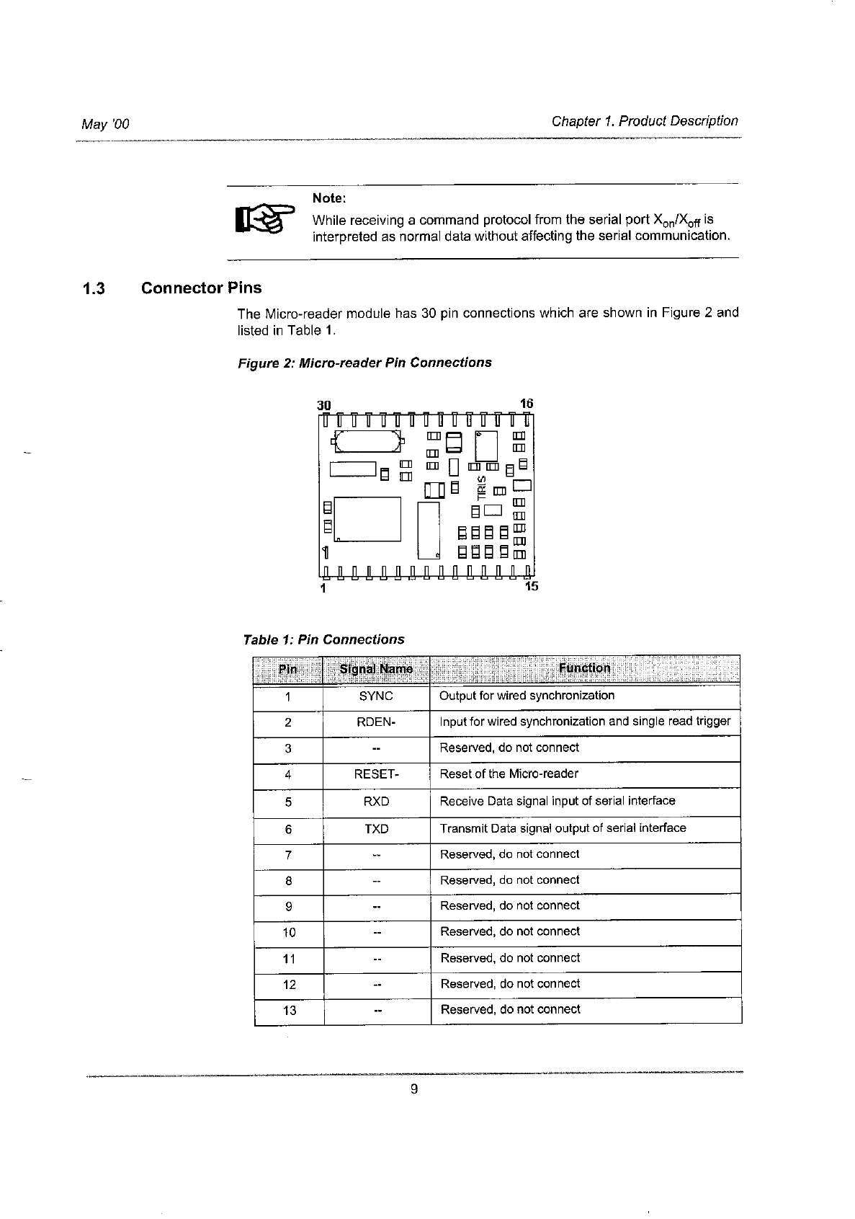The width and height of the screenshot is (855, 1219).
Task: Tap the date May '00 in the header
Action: (105, 124)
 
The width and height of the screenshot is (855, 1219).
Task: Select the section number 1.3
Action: (94, 289)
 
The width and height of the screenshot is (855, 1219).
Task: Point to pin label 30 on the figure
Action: (324, 405)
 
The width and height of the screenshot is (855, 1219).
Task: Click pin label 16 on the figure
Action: (526, 404)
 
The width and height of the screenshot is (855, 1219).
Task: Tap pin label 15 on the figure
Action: (531, 586)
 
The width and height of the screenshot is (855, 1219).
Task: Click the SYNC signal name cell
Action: (376, 696)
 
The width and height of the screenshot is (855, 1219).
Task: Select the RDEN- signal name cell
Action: (376, 722)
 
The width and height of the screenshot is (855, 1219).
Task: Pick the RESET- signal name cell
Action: (376, 774)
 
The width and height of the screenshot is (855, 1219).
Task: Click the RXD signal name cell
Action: (376, 801)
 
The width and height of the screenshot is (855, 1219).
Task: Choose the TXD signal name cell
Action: (376, 829)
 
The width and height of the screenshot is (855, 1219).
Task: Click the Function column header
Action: (584, 668)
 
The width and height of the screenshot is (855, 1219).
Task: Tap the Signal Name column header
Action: (376, 669)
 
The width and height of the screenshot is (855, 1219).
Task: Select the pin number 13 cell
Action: (289, 1011)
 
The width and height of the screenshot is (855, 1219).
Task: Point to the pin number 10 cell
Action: (288, 932)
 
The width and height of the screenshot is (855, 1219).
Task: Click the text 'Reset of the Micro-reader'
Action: (509, 774)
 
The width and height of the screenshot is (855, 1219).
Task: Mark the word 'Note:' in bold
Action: (329, 198)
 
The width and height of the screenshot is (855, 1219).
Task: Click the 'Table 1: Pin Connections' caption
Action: (323, 640)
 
